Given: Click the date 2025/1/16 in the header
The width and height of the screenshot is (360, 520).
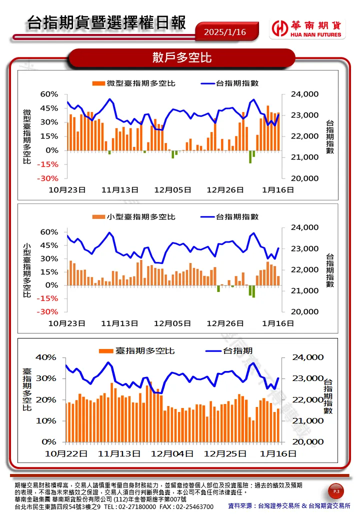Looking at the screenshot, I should click(225, 32).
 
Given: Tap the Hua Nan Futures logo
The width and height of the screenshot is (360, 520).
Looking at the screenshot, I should click(307, 28).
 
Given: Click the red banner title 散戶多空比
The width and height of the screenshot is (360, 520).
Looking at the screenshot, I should click(182, 58).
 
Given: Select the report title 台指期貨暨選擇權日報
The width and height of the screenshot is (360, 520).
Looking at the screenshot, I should click(106, 23).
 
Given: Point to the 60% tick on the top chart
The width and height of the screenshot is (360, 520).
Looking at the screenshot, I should click(49, 94).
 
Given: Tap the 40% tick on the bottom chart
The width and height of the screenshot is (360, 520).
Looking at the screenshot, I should click(46, 357).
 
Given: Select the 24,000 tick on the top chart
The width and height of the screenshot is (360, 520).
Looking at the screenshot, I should click(304, 94).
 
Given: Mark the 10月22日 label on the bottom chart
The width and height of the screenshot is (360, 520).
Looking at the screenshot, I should click(66, 454).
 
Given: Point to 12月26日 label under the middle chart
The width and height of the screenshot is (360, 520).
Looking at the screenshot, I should click(225, 323).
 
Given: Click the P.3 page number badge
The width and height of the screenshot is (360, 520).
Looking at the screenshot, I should click(336, 492).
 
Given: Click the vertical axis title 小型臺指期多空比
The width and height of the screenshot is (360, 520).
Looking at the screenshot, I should click(27, 270).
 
